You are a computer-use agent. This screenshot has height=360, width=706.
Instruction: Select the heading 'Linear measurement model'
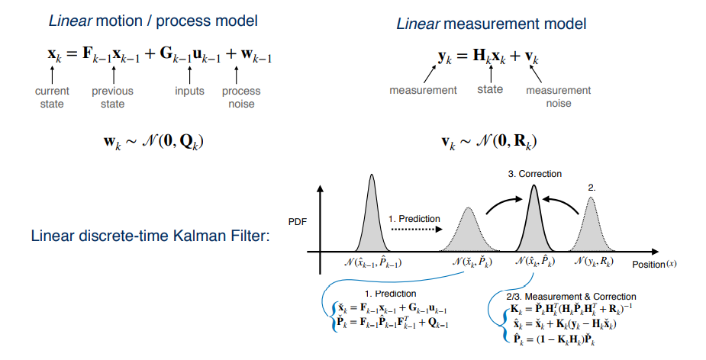[x=491, y=24]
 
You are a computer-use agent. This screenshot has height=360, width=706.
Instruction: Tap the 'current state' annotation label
[x=52, y=97]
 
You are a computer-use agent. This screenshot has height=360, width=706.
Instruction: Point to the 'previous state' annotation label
[x=112, y=97]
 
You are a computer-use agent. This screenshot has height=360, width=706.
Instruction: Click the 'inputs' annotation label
[x=189, y=91]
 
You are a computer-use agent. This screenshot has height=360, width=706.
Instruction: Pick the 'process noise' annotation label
[x=241, y=97]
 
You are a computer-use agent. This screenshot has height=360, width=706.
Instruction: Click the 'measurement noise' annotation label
[x=558, y=97]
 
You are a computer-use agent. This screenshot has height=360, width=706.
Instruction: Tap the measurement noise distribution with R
[x=489, y=142]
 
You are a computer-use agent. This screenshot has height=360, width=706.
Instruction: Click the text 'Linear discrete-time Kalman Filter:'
[x=150, y=235]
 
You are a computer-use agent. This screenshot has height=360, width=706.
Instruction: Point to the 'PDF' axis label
[x=297, y=223]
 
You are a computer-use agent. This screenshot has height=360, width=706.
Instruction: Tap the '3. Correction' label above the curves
[x=534, y=174]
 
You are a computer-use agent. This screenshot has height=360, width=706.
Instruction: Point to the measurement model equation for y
[x=489, y=56]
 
